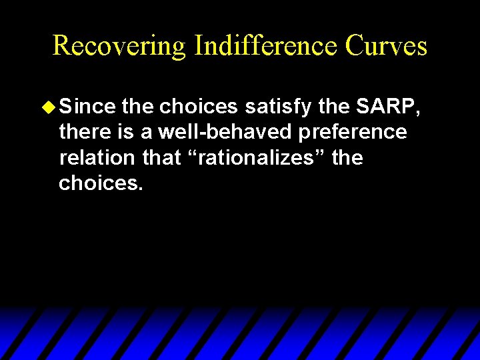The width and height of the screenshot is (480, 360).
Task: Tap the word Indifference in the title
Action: pyautogui.click(x=266, y=45)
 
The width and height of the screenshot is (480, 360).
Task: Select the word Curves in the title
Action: pyautogui.click(x=387, y=45)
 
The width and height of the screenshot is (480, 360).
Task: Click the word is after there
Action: pyautogui.click(x=127, y=132)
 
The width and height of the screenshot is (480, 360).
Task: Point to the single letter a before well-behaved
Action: pyautogui.click(x=147, y=132)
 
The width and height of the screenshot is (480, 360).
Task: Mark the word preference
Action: pyautogui.click(x=353, y=132)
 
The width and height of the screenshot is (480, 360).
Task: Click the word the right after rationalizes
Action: pyautogui.click(x=347, y=158)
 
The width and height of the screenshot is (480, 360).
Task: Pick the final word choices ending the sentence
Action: pyautogui.click(x=101, y=183)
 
